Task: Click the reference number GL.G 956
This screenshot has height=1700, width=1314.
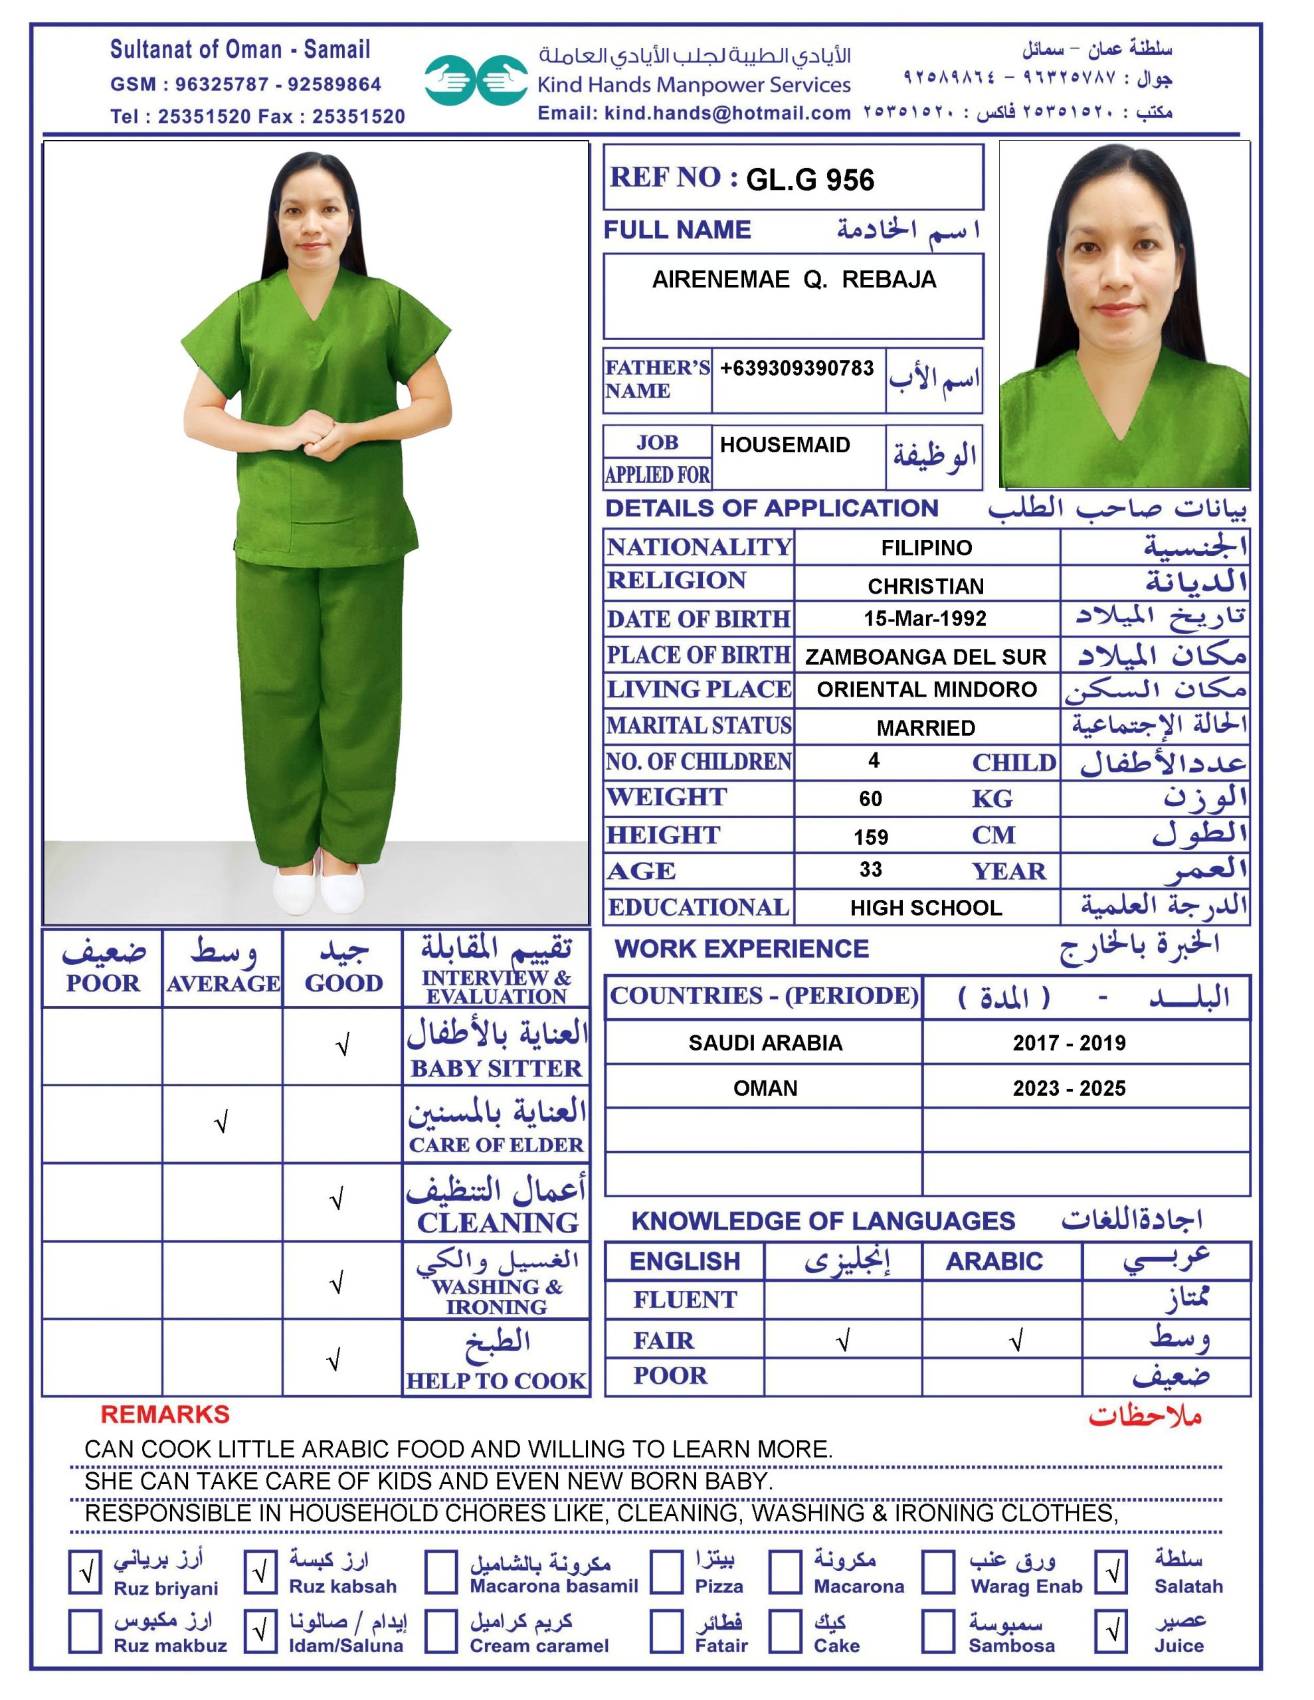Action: (x=809, y=180)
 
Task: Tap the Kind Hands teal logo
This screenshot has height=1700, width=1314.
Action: (x=476, y=80)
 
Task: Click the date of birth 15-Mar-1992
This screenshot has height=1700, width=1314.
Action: (x=925, y=618)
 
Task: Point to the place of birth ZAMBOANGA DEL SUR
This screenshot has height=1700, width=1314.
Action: (x=925, y=656)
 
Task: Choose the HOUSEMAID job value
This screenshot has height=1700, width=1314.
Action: (x=785, y=444)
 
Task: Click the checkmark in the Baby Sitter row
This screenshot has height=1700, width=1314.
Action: (x=342, y=1045)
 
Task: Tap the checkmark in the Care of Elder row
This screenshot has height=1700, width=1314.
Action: (x=222, y=1122)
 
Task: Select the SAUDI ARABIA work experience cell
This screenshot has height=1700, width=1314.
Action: (x=765, y=1043)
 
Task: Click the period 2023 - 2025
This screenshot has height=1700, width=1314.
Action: (x=1069, y=1088)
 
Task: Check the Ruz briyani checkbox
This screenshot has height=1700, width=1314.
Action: (x=86, y=1572)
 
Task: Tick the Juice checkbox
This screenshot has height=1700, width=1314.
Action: (x=1111, y=1630)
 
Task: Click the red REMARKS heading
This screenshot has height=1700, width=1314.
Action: (x=165, y=1414)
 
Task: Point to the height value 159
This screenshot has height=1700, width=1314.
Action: (x=870, y=837)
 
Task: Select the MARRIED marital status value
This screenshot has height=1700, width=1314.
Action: (x=925, y=728)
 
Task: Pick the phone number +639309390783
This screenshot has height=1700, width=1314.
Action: (x=797, y=368)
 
